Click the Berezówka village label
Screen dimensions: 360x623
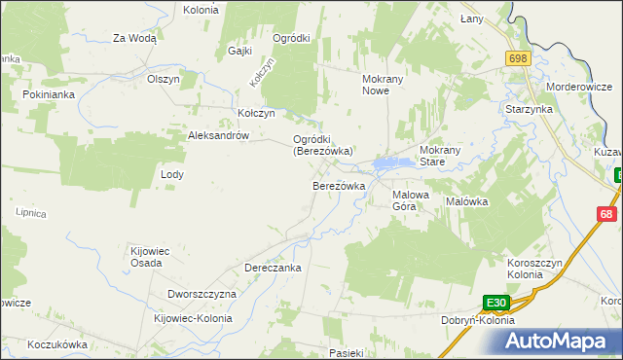338,186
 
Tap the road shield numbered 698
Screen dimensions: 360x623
517,59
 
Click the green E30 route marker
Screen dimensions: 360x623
497,303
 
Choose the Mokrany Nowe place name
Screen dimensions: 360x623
376,84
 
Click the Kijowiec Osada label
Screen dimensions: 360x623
151,257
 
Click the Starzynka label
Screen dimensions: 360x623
529,110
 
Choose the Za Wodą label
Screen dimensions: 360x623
134,39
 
